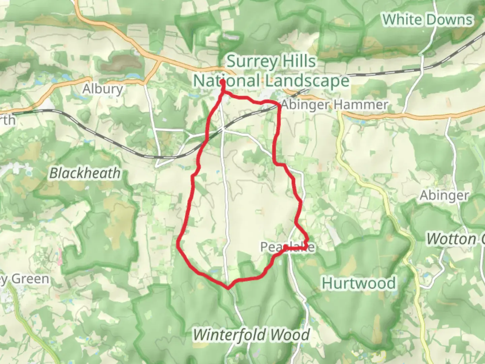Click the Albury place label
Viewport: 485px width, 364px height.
coord(103,89)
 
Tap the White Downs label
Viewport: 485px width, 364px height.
coord(427,20)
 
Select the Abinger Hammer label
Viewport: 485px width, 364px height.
coord(334,105)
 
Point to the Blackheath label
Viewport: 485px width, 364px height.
coord(85,173)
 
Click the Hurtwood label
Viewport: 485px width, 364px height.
coord(359,283)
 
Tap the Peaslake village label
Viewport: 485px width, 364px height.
coord(287,247)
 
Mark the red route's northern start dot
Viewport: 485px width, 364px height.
coord(223,82)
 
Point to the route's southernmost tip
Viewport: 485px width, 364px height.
coord(228,288)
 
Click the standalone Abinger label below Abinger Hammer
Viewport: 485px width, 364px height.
coord(444,195)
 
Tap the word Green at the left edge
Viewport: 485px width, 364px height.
coord(30,279)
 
